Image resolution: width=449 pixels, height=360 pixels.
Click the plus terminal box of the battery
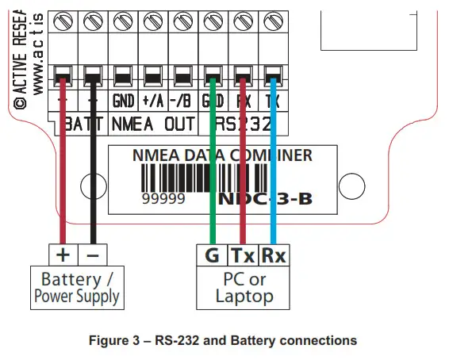(63, 255)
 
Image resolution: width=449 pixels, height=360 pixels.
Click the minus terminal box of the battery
(93, 255)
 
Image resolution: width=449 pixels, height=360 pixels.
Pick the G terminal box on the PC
(212, 255)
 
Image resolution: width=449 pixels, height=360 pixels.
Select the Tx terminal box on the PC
(242, 255)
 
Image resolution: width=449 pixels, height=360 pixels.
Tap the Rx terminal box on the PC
(273, 255)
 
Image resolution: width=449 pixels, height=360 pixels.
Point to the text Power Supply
(76, 297)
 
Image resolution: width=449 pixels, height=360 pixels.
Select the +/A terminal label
(152, 101)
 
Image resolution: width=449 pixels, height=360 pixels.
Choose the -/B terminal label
(182, 101)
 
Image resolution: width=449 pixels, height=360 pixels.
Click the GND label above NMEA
(122, 101)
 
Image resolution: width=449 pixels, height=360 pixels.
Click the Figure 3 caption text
(224, 340)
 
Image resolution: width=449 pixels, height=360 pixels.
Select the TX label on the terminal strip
(273, 101)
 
